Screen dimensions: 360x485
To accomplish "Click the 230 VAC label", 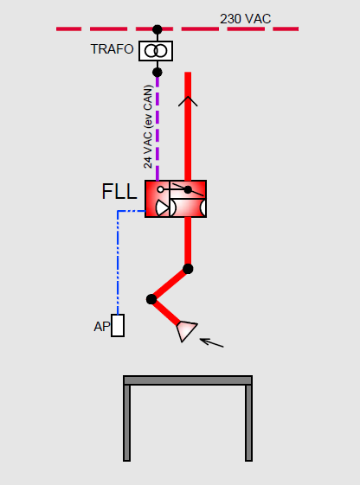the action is pos(245,19).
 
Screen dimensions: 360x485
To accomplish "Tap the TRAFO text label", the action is pos(112,49).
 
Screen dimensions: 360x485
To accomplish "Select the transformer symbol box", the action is pos(156,51).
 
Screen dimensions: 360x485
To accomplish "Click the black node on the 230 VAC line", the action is pos(157,29).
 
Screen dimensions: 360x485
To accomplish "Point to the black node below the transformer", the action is pos(157,73).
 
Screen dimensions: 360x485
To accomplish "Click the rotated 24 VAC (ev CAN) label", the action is pos(148,127).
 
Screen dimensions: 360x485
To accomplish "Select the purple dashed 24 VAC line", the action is pos(157,128).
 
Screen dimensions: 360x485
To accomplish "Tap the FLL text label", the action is pos(119,192).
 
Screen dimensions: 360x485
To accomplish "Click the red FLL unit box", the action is pos(176,199).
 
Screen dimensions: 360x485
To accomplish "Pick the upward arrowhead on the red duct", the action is pos(188,101).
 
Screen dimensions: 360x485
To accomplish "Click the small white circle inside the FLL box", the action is pos(160,189).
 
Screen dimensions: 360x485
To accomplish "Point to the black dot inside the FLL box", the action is pos(188,189).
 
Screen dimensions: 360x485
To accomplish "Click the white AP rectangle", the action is pos(118,325).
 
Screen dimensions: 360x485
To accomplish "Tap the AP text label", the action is pos(102,327).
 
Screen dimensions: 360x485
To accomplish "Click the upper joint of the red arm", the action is pos(188,269).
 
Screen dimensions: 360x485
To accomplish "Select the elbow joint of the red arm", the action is pos(151,299).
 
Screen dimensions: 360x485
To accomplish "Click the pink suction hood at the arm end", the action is pos(186,331).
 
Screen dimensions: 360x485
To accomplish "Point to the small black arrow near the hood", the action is pos(212,342).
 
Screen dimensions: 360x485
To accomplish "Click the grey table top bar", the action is pos(188,380).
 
